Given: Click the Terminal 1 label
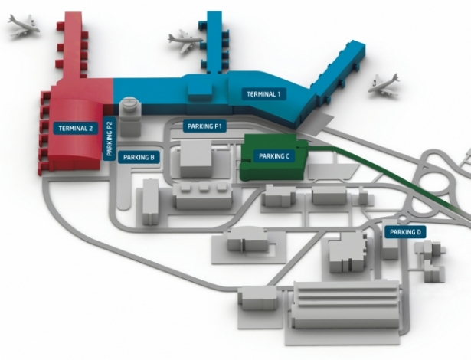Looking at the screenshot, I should (x=264, y=94).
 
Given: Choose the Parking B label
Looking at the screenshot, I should (x=139, y=157).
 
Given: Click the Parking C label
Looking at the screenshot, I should (x=273, y=156).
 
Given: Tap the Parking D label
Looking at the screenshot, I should (x=404, y=231).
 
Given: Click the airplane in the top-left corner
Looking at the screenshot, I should (x=25, y=28).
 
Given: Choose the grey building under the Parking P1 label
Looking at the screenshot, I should (x=198, y=157).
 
